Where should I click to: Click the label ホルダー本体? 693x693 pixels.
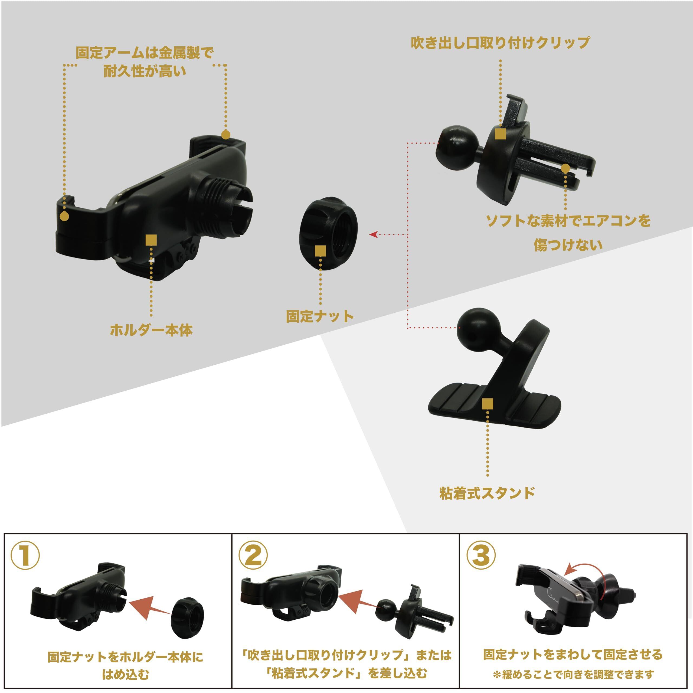(151, 330)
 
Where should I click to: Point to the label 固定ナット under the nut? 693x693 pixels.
(320, 316)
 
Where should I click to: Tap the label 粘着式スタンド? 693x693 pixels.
(487, 493)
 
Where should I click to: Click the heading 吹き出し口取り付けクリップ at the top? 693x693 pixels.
(500, 43)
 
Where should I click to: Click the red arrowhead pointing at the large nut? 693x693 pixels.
(373, 235)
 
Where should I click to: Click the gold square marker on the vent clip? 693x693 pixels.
(500, 134)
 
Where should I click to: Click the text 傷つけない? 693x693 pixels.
(568, 245)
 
